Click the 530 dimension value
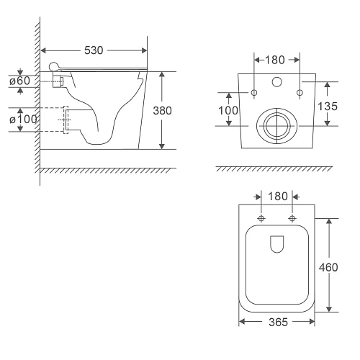click(94, 50)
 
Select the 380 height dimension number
click(162, 111)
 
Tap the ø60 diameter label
click(20, 81)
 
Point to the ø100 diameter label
click(23, 120)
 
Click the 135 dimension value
click(328, 106)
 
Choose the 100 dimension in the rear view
click(228, 111)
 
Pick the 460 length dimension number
click(328, 267)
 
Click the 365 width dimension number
click(278, 322)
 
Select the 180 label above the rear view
click(275, 60)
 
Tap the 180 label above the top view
click(278, 197)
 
